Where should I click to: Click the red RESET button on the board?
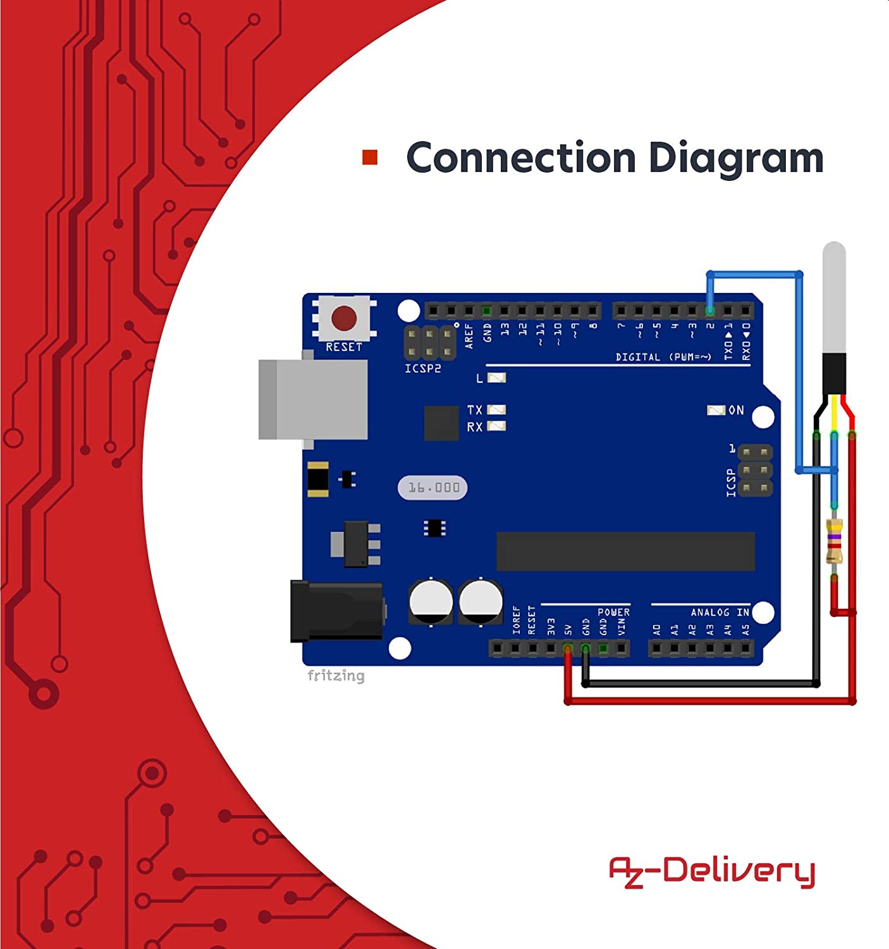tap(343, 318)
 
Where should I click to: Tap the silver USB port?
tap(314, 399)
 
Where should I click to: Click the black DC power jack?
tap(337, 611)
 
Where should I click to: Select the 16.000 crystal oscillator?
tap(433, 488)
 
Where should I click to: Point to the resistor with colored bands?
tap(834, 541)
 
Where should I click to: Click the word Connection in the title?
tap(520, 158)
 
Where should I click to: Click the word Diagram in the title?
tap(736, 159)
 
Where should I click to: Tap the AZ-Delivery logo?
tap(711, 872)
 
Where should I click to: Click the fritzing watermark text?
tap(336, 676)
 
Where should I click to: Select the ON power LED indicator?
tap(716, 411)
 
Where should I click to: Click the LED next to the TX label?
tap(496, 410)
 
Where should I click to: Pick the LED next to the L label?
tap(496, 378)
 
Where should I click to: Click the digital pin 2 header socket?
tap(710, 311)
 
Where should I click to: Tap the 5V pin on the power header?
tap(568, 648)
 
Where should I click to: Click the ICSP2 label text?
tap(422, 368)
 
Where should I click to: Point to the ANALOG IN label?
tap(720, 612)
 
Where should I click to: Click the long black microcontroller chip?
tap(625, 551)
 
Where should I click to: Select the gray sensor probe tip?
tap(834, 297)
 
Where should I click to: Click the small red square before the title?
tap(370, 158)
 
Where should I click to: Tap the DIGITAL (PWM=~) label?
tap(663, 357)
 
